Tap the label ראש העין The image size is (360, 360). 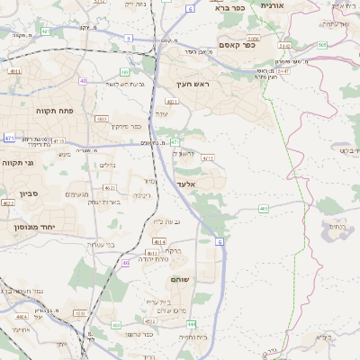[x=193, y=84]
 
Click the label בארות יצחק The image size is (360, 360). [x=105, y=202]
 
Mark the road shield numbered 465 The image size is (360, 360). [x=264, y=209]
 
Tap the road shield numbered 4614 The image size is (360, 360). [x=159, y=241]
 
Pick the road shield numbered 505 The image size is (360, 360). [x=322, y=43]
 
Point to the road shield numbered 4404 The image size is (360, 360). [x=20, y=317]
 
